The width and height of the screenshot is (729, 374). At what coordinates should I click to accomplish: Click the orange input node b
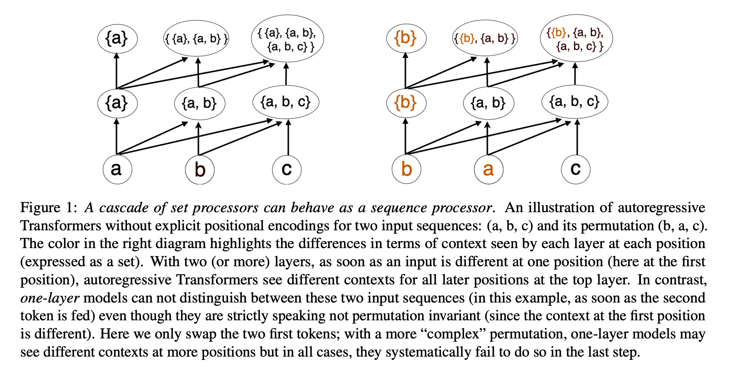[x=406, y=170]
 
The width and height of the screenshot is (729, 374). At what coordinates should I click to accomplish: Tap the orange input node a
[x=488, y=170]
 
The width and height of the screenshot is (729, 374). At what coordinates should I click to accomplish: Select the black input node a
[x=117, y=170]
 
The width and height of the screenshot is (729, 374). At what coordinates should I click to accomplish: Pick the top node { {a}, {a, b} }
[x=196, y=39]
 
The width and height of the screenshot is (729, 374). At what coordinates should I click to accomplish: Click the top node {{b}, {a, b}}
[x=485, y=39]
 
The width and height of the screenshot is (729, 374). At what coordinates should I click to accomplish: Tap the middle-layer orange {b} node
[x=406, y=103]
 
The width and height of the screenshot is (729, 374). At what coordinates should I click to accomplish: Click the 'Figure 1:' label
[x=49, y=208]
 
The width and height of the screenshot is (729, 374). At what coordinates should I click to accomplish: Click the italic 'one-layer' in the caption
[x=50, y=298]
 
